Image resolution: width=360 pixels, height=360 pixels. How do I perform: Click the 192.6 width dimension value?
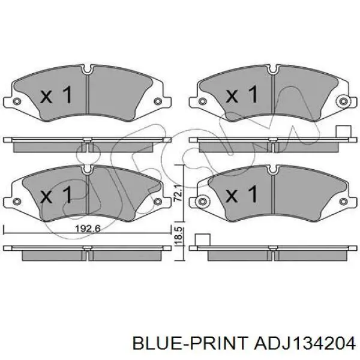click(x=88, y=229)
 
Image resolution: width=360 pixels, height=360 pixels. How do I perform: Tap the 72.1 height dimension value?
click(x=179, y=193)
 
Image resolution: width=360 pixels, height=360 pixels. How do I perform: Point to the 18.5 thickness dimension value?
click(x=179, y=235)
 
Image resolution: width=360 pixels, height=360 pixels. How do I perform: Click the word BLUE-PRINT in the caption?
click(x=190, y=344)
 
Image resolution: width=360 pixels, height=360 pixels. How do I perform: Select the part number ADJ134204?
click(x=304, y=344)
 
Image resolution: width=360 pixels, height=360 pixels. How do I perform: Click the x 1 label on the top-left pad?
click(x=56, y=94)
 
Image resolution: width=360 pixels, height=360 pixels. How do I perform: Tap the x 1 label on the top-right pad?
click(x=242, y=94)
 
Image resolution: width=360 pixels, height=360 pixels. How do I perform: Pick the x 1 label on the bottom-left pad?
click(x=56, y=194)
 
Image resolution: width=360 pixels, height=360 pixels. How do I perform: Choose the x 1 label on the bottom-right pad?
click(x=242, y=194)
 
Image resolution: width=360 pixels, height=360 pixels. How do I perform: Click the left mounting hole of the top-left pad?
click(x=17, y=101)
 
